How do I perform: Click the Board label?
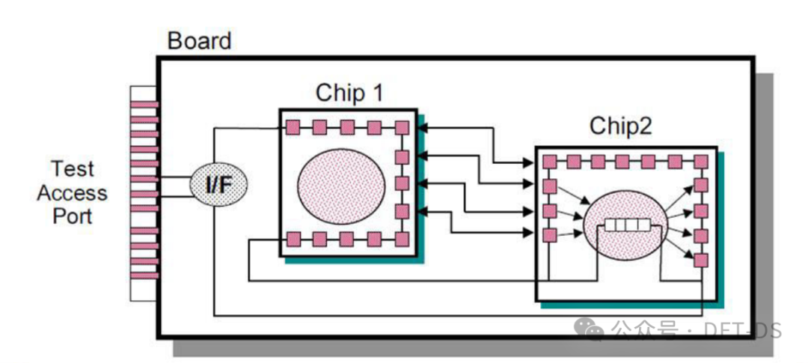click(199, 40)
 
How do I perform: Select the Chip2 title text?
click(620, 126)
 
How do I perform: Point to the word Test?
click(72, 168)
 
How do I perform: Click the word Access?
click(72, 193)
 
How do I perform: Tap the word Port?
click(72, 216)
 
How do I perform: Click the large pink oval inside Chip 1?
click(341, 183)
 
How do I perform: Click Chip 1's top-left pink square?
click(293, 127)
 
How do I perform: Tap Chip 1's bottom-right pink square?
click(402, 240)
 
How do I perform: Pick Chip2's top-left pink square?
click(550, 161)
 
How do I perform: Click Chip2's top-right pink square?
click(700, 161)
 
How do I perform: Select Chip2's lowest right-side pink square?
click(700, 260)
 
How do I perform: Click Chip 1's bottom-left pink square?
click(293, 240)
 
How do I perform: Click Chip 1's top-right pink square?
click(402, 127)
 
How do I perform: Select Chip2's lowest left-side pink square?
click(550, 235)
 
